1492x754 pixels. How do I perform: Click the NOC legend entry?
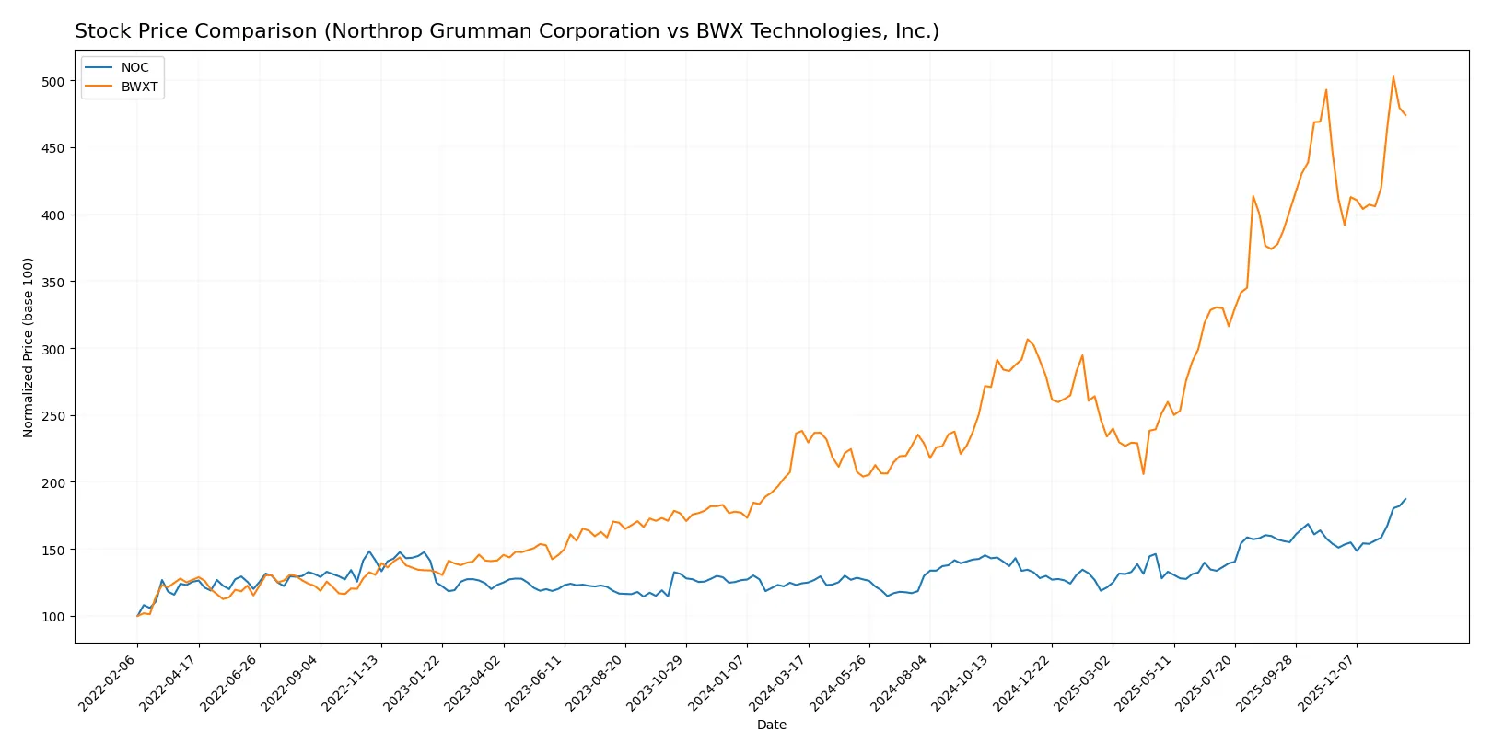coord(134,68)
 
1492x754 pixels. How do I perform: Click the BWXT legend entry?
coord(139,87)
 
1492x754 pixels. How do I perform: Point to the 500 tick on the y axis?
coord(52,82)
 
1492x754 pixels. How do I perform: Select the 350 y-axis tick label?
coord(52,283)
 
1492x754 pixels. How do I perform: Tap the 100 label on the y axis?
coord(52,617)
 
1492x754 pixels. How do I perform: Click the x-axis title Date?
coord(771,725)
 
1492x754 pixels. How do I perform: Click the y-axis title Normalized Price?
coord(29,347)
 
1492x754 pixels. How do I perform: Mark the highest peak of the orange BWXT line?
coord(1393,76)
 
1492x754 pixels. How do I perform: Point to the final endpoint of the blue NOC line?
coord(1405,499)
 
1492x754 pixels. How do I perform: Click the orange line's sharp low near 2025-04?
coord(1143,474)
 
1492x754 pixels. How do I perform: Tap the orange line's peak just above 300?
coord(1028,339)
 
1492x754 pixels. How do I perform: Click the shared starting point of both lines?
coord(138,616)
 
